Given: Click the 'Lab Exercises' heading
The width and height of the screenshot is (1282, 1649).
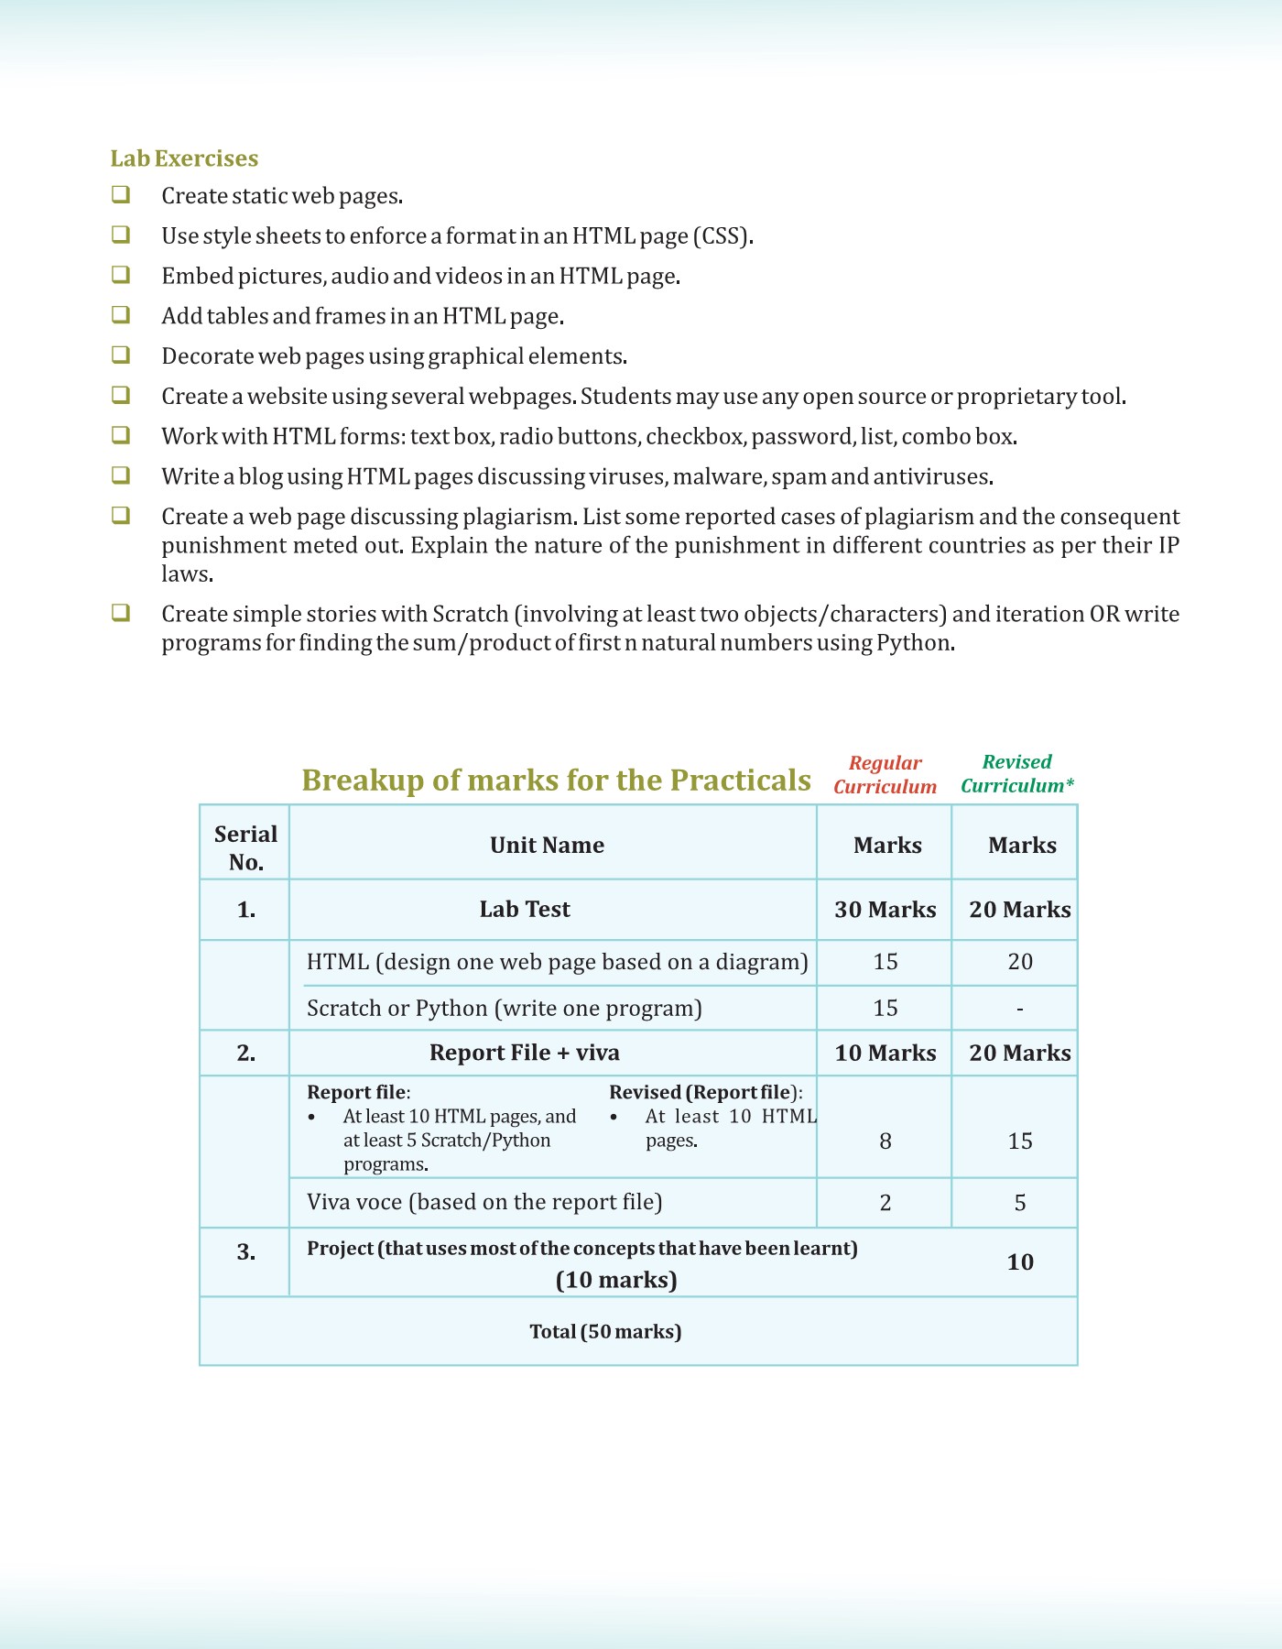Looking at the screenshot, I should pyautogui.click(x=184, y=158).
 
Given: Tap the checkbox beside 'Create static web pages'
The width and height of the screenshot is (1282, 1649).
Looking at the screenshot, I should pyautogui.click(x=121, y=195).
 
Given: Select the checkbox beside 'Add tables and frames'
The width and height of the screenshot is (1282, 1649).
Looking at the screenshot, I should pyautogui.click(x=121, y=315).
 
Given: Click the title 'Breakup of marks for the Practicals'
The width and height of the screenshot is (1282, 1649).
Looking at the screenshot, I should pyautogui.click(x=556, y=780).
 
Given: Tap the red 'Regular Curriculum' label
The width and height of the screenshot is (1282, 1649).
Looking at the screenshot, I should pyautogui.click(x=885, y=774).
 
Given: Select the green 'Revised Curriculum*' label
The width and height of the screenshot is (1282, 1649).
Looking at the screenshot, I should pyautogui.click(x=1016, y=773).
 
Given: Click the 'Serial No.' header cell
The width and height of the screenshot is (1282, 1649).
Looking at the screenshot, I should pyautogui.click(x=245, y=847).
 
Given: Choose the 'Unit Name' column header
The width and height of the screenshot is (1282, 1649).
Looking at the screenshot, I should pyautogui.click(x=547, y=845).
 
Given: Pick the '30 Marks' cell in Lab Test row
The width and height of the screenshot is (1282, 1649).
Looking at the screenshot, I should pyautogui.click(x=885, y=910).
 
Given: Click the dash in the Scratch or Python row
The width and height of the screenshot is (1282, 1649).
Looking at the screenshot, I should pyautogui.click(x=1020, y=1010).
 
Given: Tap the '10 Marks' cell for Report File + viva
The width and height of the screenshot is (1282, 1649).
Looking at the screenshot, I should pyautogui.click(x=885, y=1053).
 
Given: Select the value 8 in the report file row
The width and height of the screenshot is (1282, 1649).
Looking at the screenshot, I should pyautogui.click(x=885, y=1141).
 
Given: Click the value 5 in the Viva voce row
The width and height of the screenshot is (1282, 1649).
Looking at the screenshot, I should pyautogui.click(x=1020, y=1203).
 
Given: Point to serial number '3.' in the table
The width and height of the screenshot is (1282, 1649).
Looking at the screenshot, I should pyautogui.click(x=245, y=1252).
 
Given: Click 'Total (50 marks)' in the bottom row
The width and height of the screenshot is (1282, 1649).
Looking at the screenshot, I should pyautogui.click(x=605, y=1331).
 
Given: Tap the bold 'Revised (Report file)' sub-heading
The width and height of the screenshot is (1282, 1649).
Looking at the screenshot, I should pyautogui.click(x=705, y=1092).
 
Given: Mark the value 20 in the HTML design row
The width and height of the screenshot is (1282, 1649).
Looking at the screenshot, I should pyautogui.click(x=1020, y=962).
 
